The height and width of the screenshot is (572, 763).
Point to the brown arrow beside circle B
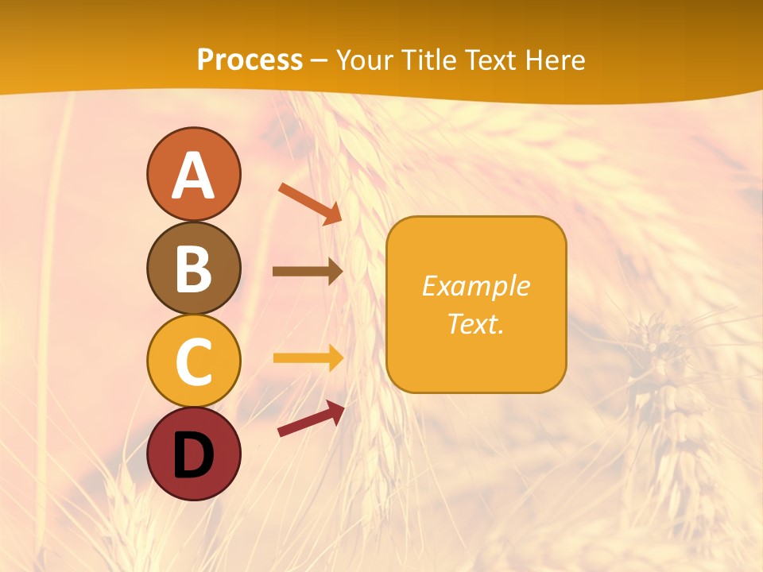tap(307, 272)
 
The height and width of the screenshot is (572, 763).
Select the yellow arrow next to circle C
tap(308, 358)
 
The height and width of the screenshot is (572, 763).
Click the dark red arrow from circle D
tap(311, 419)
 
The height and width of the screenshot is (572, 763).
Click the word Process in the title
tap(250, 60)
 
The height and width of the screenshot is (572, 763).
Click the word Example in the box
tap(476, 286)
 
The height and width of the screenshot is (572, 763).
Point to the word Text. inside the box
tap(476, 323)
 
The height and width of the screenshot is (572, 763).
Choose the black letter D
tap(193, 455)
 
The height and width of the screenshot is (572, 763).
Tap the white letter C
tap(193, 361)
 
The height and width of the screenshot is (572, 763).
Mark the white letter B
tap(193, 269)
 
